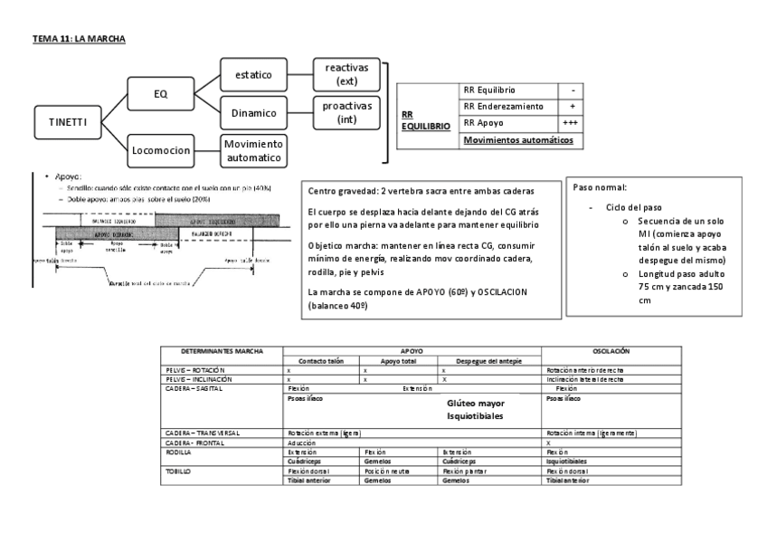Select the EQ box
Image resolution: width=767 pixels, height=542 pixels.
pyautogui.click(x=160, y=92)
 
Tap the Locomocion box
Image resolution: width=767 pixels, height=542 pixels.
pyautogui.click(x=160, y=150)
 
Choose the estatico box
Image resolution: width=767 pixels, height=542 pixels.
pyautogui.click(x=254, y=74)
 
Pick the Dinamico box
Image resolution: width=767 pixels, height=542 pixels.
pyautogui.click(x=254, y=113)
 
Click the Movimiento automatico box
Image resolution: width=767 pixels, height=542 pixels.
pyautogui.click(x=254, y=150)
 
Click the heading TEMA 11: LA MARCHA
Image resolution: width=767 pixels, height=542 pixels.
pyautogui.click(x=79, y=40)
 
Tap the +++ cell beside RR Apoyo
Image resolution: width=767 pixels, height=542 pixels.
pyautogui.click(x=571, y=122)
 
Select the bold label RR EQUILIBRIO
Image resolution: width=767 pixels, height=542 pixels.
pyautogui.click(x=425, y=121)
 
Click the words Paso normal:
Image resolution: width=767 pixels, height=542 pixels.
pyautogui.click(x=600, y=187)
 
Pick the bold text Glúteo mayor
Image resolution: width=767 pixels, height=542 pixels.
pyautogui.click(x=476, y=403)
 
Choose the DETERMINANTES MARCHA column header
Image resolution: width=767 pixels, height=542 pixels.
pyautogui.click(x=222, y=350)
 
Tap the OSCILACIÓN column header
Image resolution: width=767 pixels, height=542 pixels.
pyautogui.click(x=611, y=350)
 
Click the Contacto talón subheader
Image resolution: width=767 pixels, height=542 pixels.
pyautogui.click(x=323, y=361)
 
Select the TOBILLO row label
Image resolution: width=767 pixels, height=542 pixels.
pyautogui.click(x=178, y=471)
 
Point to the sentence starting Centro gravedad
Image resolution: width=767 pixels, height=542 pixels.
pyautogui.click(x=421, y=192)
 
